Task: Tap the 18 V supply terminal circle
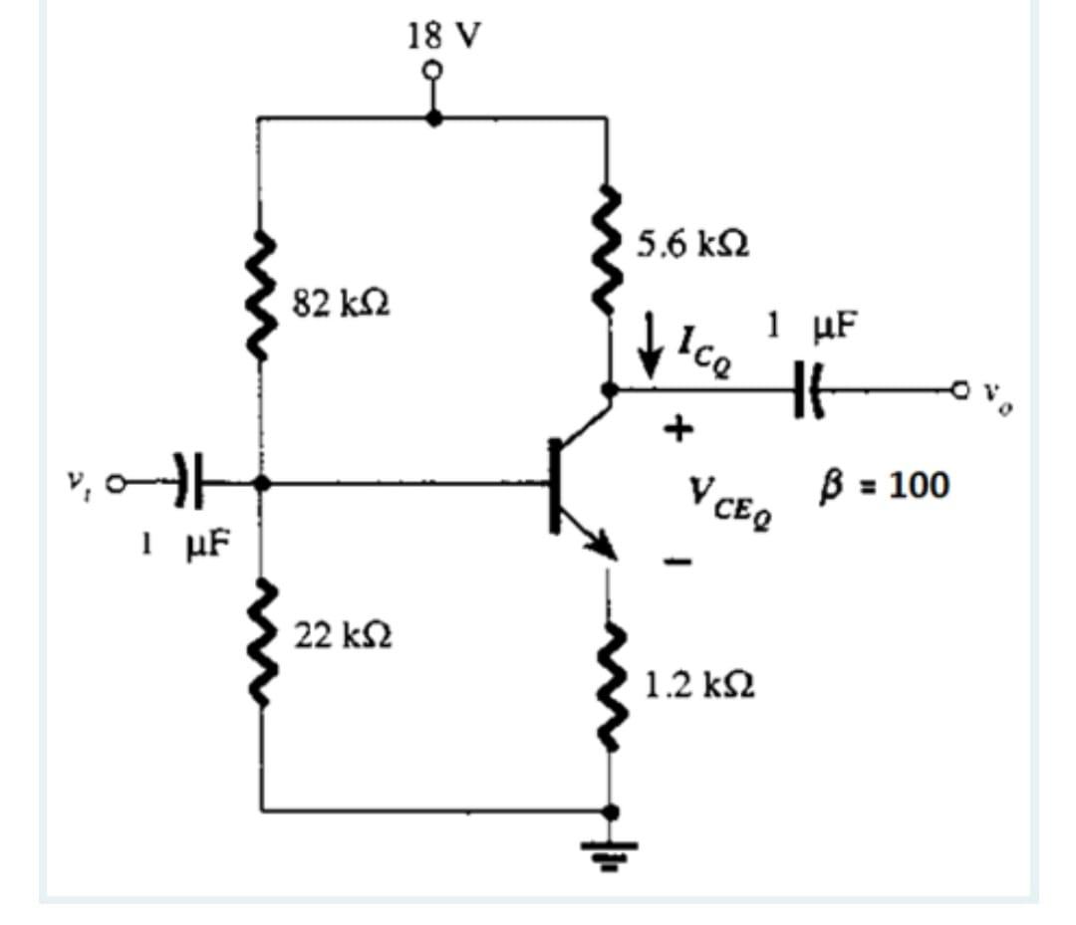pos(431,72)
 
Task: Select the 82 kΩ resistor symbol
pos(262,299)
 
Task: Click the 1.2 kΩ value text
pos(697,684)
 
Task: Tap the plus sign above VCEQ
pos(678,430)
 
